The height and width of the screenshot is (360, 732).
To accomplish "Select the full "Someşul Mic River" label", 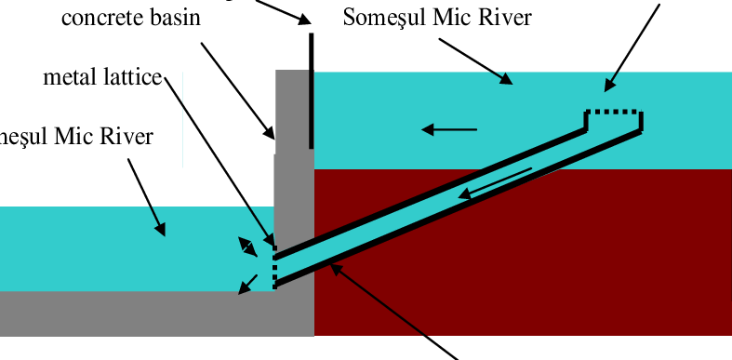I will (x=436, y=18).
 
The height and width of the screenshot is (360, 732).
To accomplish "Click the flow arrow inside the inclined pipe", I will (x=499, y=182).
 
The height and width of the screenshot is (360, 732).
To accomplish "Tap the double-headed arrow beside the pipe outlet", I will (x=248, y=247).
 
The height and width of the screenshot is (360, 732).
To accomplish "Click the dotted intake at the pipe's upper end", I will (x=613, y=111).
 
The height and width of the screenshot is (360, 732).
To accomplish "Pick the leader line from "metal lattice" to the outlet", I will (x=219, y=158).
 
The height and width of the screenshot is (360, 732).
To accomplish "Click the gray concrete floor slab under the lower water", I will (x=140, y=313).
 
